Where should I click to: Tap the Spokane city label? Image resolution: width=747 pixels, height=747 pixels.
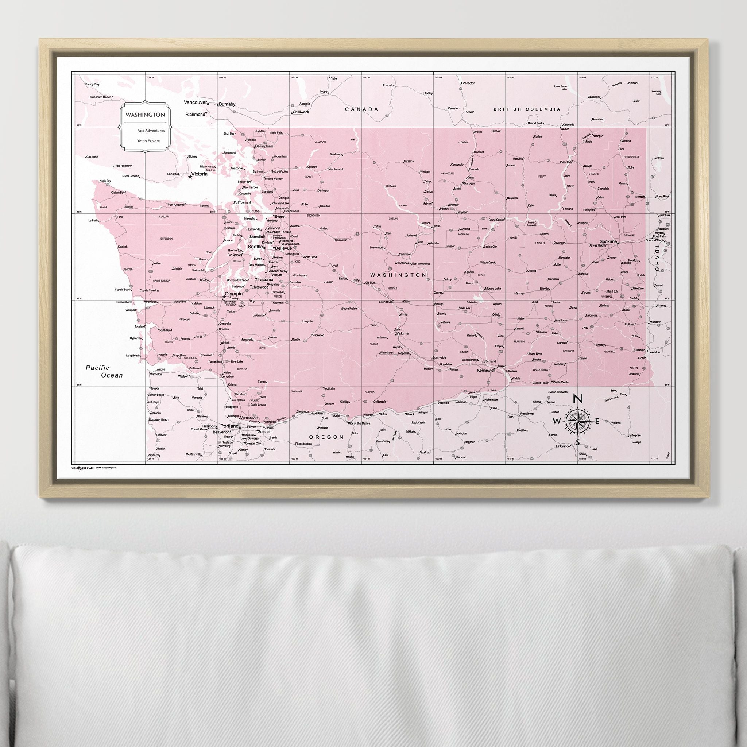(x=608, y=241)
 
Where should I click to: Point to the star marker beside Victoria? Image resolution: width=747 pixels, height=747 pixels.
(x=190, y=177)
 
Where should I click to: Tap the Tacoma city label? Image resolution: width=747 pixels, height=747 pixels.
(x=266, y=279)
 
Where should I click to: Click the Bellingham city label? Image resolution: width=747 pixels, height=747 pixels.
(x=264, y=147)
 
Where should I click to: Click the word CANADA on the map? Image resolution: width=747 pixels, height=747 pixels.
(x=361, y=109)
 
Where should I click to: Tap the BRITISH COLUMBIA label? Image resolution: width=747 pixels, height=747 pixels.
(x=527, y=109)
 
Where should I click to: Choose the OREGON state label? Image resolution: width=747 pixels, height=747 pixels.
(x=326, y=437)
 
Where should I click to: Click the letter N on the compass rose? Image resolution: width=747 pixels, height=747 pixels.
(x=578, y=399)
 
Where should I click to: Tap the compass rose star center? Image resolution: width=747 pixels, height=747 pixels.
(x=578, y=421)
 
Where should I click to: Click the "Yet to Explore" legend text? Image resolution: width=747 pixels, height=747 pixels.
(x=148, y=141)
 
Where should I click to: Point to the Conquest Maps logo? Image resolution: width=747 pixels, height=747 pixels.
(x=83, y=468)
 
